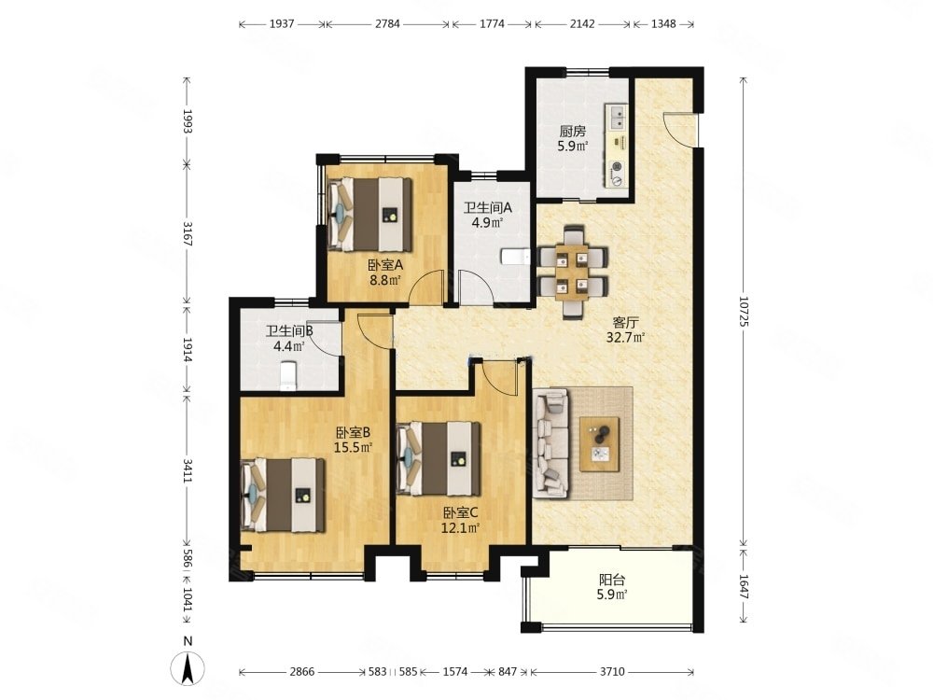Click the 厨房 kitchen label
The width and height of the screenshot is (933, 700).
point(573,131)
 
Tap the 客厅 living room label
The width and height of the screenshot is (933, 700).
point(625,323)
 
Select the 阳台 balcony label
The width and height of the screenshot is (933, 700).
point(612,580)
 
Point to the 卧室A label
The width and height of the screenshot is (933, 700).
point(385,264)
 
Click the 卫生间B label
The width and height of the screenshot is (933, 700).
point(289,330)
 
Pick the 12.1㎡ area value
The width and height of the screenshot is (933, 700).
point(460,527)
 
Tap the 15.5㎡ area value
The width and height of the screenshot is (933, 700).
point(353,447)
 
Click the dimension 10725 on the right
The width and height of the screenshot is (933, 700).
point(744,312)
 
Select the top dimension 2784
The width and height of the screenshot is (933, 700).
point(387,24)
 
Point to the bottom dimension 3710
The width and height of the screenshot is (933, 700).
point(612,671)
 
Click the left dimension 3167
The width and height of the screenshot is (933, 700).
point(187,234)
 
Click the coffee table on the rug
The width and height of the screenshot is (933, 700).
point(600,444)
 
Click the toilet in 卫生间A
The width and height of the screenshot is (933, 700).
point(515,257)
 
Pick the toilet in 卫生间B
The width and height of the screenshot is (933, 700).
point(288,376)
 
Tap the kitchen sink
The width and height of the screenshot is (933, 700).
point(617,117)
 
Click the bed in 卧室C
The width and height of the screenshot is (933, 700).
point(439,458)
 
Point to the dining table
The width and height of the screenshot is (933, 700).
point(573,273)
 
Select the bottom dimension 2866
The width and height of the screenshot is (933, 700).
point(301,671)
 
